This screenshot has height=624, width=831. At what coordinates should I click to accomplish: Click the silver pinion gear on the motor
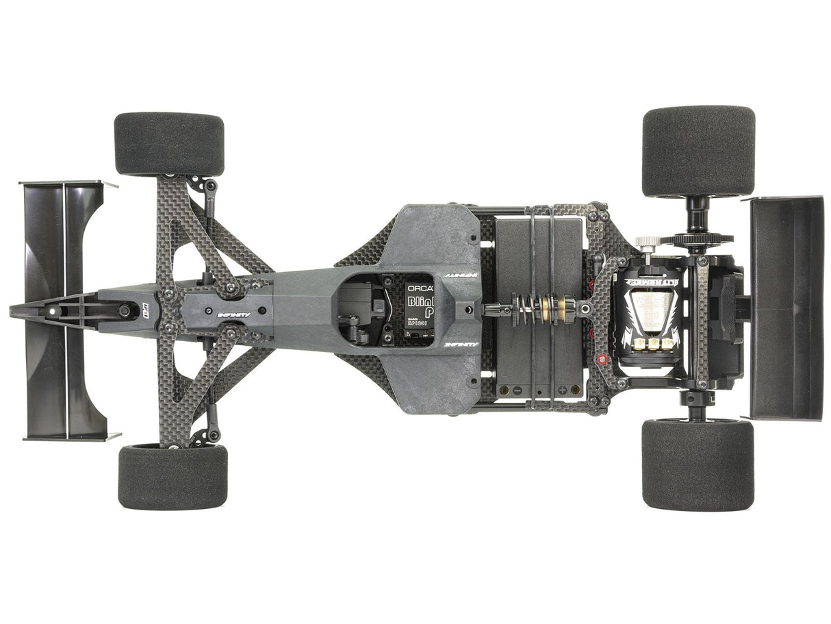[x=646, y=242]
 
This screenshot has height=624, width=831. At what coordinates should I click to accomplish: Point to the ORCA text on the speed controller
[x=419, y=288]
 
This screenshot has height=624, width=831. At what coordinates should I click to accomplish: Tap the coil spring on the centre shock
[x=526, y=310]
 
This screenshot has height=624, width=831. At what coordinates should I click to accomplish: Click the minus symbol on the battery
[x=517, y=390]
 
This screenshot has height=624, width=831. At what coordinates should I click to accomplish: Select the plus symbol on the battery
[x=562, y=390]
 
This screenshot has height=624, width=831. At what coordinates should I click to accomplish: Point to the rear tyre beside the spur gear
[x=698, y=151]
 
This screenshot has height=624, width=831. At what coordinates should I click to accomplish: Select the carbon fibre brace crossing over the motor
[x=702, y=322]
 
